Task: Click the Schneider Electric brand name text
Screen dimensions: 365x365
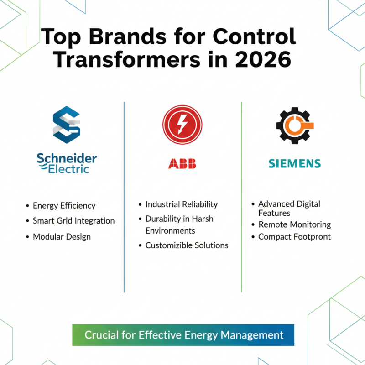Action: coord(67,163)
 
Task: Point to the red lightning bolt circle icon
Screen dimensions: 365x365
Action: coord(182,125)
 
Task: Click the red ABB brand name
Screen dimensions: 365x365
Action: coord(182,164)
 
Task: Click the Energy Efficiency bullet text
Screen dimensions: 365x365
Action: coord(64,206)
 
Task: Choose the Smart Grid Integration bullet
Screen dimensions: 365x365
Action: coord(73,221)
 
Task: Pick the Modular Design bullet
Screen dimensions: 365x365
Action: coord(62,237)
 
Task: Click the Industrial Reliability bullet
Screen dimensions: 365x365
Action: coord(181,204)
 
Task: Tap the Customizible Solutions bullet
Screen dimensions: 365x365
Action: coord(187,245)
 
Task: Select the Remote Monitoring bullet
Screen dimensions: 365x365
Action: coord(294,224)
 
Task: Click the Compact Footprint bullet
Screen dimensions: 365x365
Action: coord(294,237)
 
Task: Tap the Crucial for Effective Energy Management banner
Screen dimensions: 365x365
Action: coord(183,335)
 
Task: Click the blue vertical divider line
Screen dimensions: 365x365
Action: coord(124,196)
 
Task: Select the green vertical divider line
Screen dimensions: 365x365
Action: coord(241,196)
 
